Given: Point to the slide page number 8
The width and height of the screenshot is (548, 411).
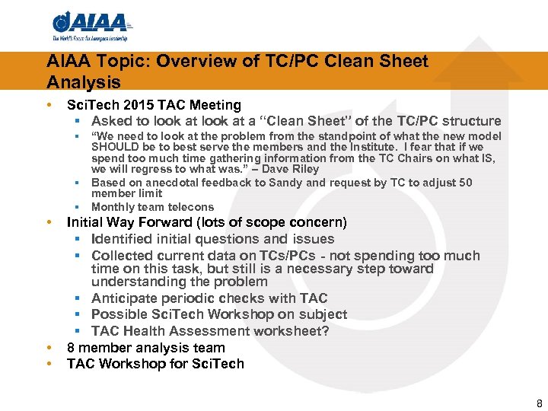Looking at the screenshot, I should (539, 404).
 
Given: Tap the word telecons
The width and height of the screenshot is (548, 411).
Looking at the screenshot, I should (190, 207).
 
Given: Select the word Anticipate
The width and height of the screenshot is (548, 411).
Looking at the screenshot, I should (126, 298).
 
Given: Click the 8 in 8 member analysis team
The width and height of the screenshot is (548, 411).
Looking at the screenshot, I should (72, 348).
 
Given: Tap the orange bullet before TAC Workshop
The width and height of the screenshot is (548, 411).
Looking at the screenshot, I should (49, 364).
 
